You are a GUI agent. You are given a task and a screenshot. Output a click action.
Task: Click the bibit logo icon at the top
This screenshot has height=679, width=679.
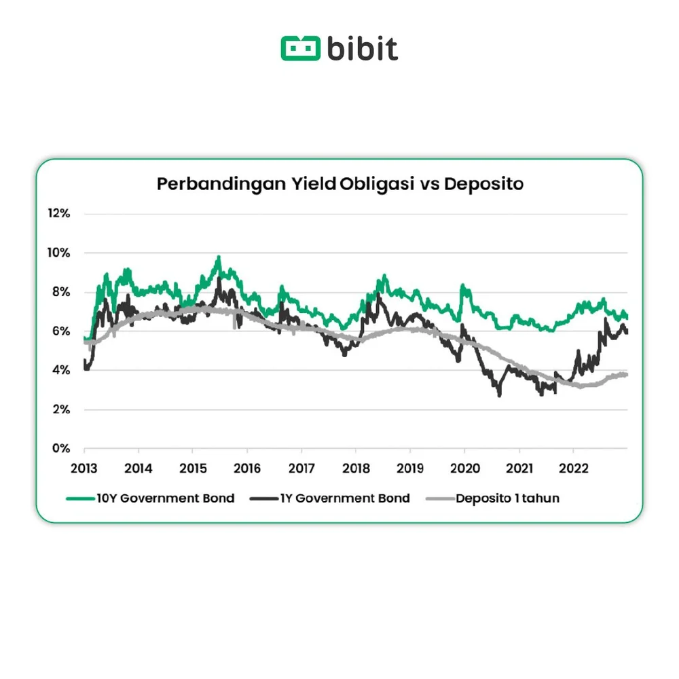(x=300, y=48)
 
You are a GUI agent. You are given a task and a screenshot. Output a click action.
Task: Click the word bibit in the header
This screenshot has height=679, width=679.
(x=363, y=48)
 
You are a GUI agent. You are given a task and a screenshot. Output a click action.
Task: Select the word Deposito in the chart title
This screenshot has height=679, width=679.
(x=483, y=184)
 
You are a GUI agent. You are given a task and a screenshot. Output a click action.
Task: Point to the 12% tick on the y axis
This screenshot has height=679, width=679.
(x=58, y=213)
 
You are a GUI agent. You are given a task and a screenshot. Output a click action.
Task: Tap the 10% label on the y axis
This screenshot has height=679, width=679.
(x=58, y=253)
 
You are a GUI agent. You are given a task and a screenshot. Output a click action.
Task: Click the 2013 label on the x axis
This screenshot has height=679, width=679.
(x=84, y=469)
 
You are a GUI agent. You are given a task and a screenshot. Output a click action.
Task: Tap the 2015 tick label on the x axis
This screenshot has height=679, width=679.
(x=192, y=469)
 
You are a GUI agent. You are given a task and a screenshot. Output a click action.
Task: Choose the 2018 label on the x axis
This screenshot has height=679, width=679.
(x=356, y=469)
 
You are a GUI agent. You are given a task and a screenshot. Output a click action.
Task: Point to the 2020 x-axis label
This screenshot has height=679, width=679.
(x=464, y=469)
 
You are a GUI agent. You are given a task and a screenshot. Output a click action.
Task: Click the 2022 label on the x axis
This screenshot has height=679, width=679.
(x=573, y=469)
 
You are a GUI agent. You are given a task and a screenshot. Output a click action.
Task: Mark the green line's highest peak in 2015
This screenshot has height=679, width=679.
(x=219, y=257)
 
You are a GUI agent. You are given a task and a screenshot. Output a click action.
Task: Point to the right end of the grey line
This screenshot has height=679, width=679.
(x=626, y=375)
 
